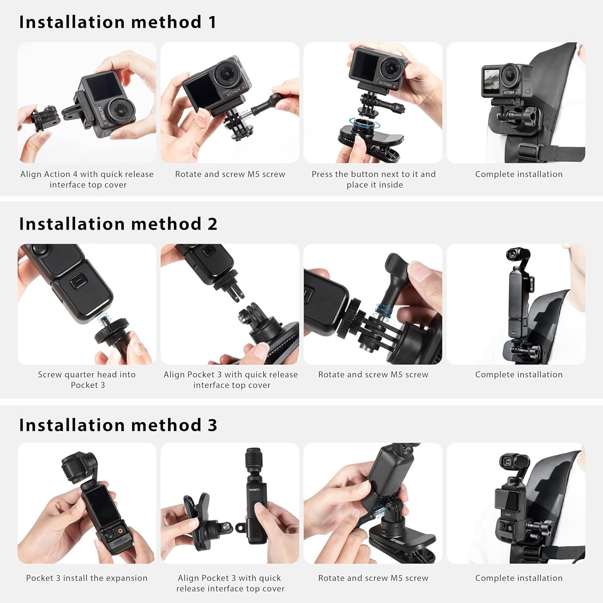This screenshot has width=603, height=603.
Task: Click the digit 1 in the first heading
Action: tap(212, 22)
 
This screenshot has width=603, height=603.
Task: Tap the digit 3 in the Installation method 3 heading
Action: tap(212, 425)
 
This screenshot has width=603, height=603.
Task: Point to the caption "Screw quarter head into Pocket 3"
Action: tap(87, 379)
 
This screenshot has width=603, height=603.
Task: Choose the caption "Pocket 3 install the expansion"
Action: tap(87, 578)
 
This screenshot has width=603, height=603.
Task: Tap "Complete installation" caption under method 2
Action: tap(519, 375)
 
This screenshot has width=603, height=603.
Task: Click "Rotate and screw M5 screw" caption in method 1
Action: tap(230, 174)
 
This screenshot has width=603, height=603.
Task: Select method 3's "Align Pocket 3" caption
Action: tap(230, 583)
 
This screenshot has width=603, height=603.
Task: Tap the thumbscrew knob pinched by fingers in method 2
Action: tap(396, 269)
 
